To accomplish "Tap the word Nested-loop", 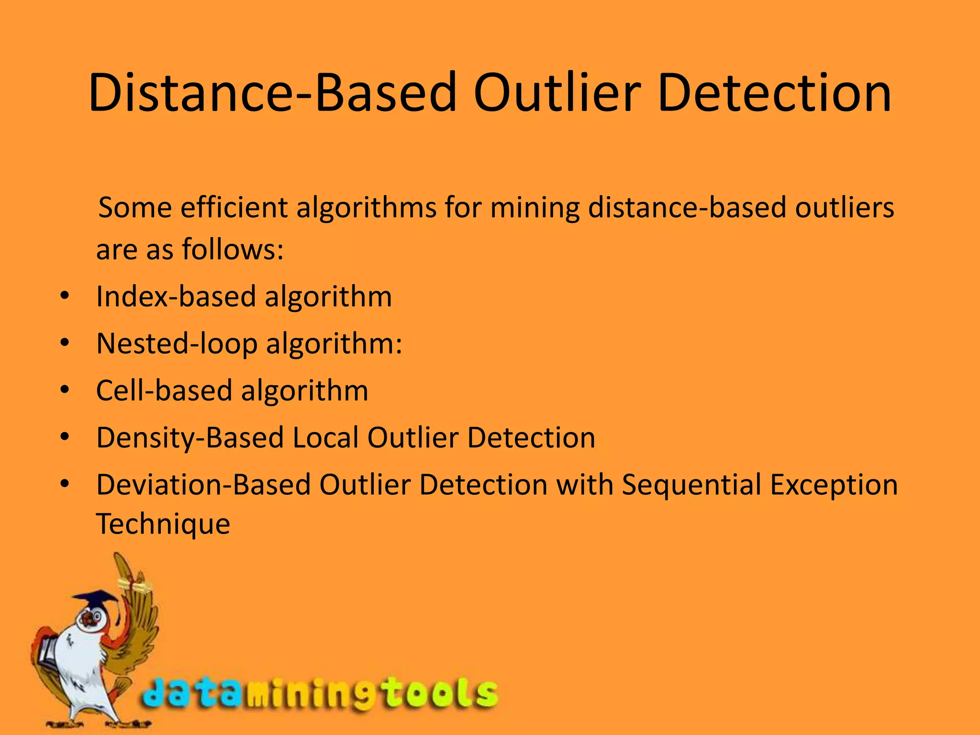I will [177, 344].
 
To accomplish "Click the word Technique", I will [163, 524].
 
